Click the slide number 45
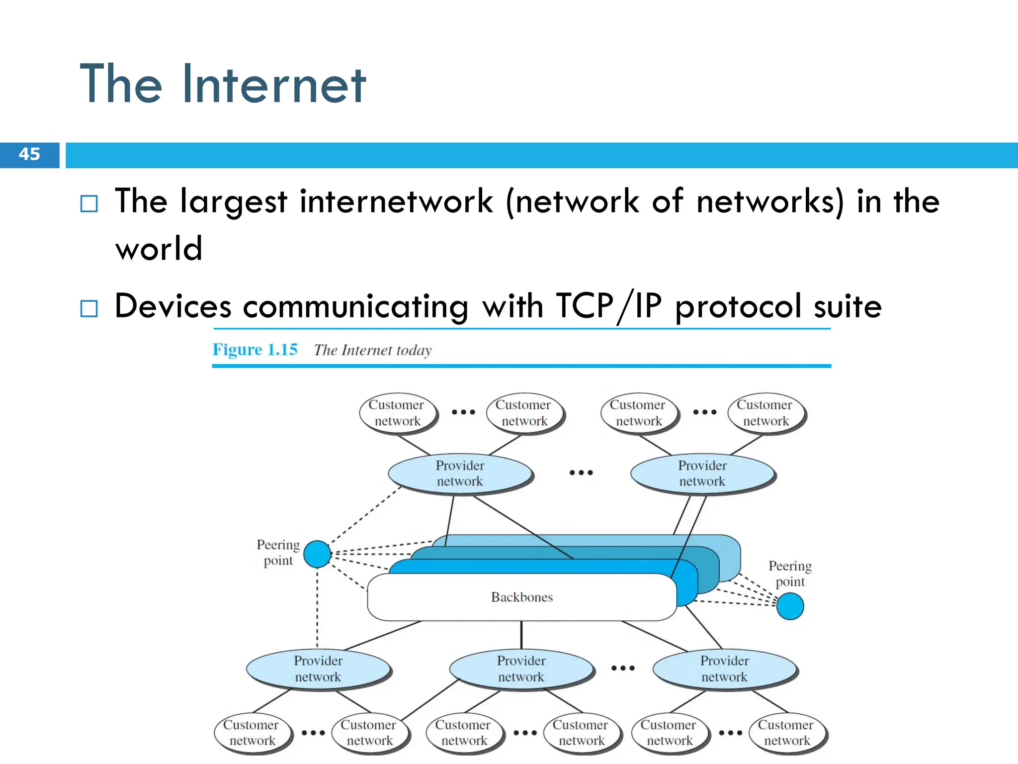(29, 154)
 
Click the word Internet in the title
(274, 85)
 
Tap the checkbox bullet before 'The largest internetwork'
(89, 203)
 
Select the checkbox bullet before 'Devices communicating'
(89, 308)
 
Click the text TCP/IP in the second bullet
(608, 306)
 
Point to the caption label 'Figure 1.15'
(255, 350)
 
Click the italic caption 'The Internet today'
(373, 350)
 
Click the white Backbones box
(521, 597)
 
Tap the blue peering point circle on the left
(317, 554)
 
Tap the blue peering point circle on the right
(790, 606)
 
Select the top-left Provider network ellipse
(460, 473)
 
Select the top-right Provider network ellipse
(702, 473)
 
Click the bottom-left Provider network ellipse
(318, 668)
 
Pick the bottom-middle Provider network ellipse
(521, 668)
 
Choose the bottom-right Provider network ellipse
(724, 668)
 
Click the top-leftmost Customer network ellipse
(397, 413)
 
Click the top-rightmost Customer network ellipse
(765, 413)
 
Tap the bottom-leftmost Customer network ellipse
(252, 733)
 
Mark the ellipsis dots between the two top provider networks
(581, 473)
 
